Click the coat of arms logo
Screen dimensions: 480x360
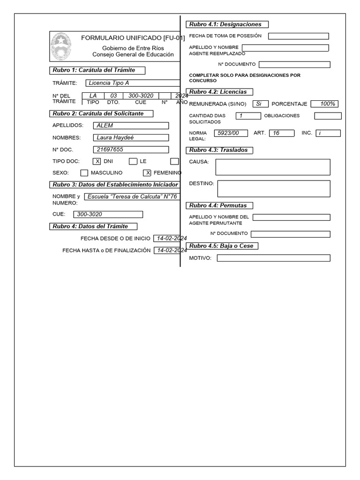(x=60, y=46)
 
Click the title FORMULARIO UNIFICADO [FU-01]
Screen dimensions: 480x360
(x=133, y=37)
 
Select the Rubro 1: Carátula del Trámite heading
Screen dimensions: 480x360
(x=97, y=70)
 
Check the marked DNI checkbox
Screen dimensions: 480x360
(x=97, y=162)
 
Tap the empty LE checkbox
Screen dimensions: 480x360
(x=133, y=162)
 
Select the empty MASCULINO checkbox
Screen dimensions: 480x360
(x=84, y=173)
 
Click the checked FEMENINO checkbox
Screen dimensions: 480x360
(x=147, y=173)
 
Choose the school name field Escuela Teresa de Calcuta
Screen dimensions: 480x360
(x=132, y=197)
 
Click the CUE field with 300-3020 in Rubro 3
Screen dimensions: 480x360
(x=108, y=215)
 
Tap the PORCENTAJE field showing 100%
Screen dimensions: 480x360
(x=324, y=104)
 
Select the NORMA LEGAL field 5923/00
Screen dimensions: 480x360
(x=231, y=133)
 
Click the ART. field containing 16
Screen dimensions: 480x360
(x=281, y=133)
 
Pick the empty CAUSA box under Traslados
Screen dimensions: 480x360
(x=273, y=167)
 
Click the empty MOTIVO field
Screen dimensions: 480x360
(x=273, y=258)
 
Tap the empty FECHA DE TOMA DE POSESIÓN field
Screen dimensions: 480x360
(x=299, y=36)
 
